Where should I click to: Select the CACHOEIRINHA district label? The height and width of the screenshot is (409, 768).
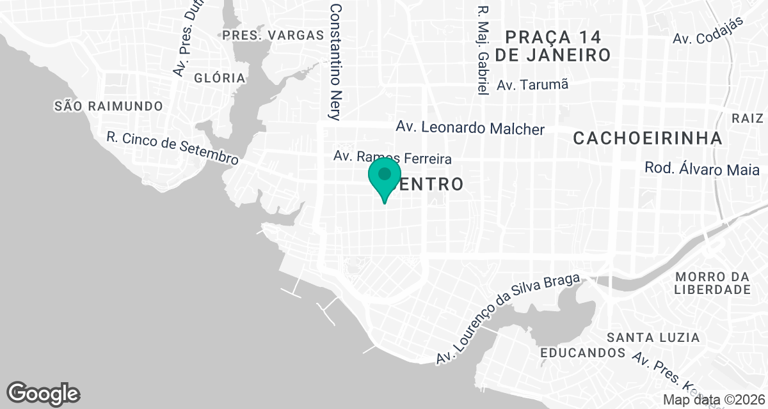click(x=647, y=138)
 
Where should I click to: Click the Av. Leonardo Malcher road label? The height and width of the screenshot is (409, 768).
click(x=470, y=128)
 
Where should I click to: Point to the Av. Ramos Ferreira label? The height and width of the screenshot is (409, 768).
click(x=392, y=157)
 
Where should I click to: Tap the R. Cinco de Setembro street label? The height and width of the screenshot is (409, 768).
click(x=172, y=148)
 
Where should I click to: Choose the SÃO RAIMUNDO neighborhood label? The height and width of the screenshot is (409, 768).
click(x=108, y=105)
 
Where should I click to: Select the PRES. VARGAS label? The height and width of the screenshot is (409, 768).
click(x=273, y=35)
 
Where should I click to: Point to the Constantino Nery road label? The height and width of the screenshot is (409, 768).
click(x=335, y=61)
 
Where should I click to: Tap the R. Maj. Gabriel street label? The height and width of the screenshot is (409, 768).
click(x=483, y=51)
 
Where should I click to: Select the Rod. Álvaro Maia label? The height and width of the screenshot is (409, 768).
click(x=701, y=170)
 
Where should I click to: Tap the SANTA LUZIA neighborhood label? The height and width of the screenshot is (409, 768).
click(x=653, y=337)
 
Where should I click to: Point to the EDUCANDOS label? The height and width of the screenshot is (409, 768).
click(x=582, y=353)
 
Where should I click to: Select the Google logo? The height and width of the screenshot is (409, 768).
click(x=44, y=393)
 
